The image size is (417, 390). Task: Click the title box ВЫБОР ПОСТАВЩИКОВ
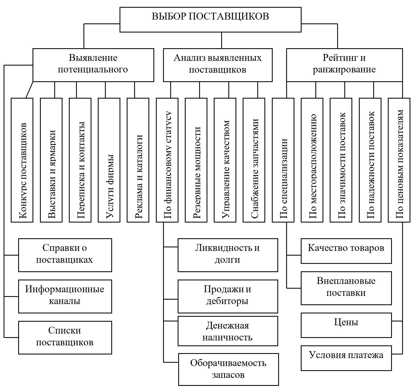(x=210, y=19)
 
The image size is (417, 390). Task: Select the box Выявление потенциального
(x=93, y=65)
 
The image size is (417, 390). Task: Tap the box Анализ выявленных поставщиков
(x=218, y=65)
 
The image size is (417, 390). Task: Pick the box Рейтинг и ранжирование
(x=344, y=65)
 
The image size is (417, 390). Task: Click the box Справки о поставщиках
(x=65, y=255)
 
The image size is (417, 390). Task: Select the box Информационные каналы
(x=65, y=296)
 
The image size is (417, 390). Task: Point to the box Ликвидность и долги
(x=228, y=255)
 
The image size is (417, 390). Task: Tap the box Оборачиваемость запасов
(x=228, y=369)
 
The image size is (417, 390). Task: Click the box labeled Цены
(x=346, y=325)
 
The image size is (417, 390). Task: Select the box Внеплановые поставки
(x=346, y=288)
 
